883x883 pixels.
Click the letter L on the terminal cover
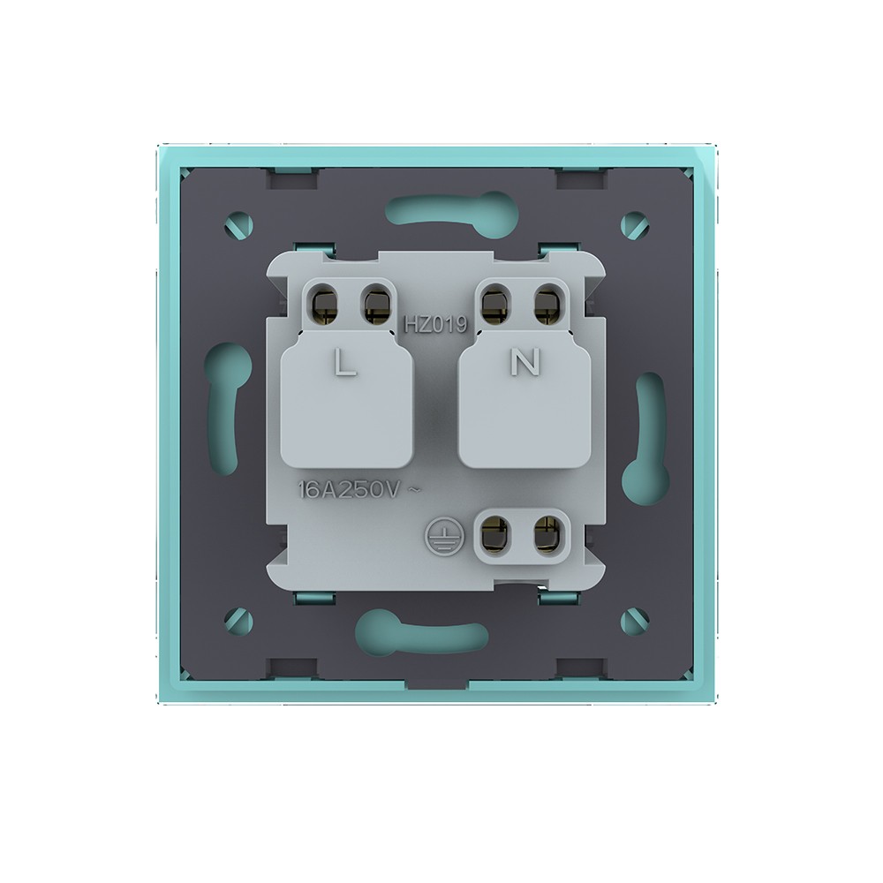click(x=344, y=362)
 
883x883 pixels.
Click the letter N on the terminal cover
click(x=525, y=361)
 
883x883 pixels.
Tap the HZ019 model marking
click(x=436, y=324)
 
